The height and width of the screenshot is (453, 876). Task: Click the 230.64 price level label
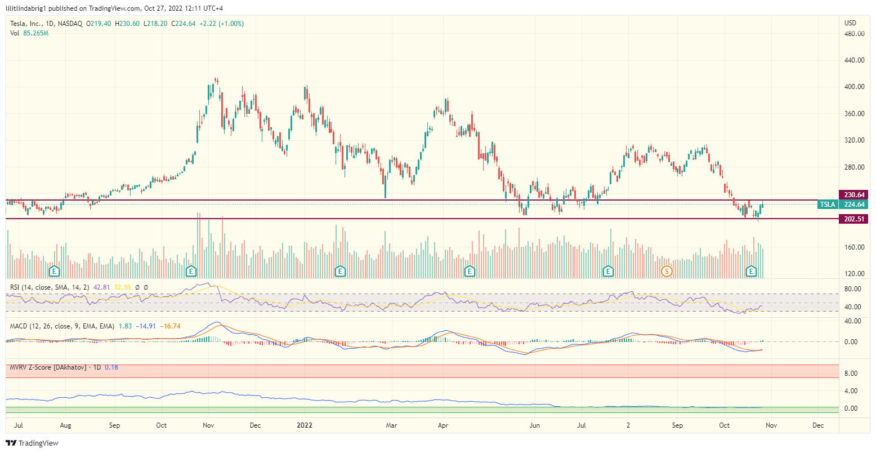[854, 195]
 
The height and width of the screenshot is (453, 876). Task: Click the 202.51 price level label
[854, 219]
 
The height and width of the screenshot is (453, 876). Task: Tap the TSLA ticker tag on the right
[827, 205]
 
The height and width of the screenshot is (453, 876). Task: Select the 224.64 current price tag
[854, 205]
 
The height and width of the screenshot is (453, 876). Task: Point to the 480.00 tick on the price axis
[854, 34]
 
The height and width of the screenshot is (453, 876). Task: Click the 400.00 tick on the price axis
[854, 87]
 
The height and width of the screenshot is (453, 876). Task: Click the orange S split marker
[667, 271]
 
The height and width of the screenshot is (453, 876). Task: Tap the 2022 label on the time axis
[305, 425]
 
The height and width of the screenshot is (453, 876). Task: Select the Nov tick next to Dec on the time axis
[771, 425]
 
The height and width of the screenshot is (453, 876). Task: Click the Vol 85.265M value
[35, 33]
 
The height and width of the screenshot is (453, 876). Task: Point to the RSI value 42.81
[102, 287]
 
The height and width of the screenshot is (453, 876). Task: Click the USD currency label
[850, 23]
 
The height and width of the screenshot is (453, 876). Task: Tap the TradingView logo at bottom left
[32, 443]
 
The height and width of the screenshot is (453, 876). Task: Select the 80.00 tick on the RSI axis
[852, 289]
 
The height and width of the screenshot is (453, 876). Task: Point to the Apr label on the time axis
[443, 425]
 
